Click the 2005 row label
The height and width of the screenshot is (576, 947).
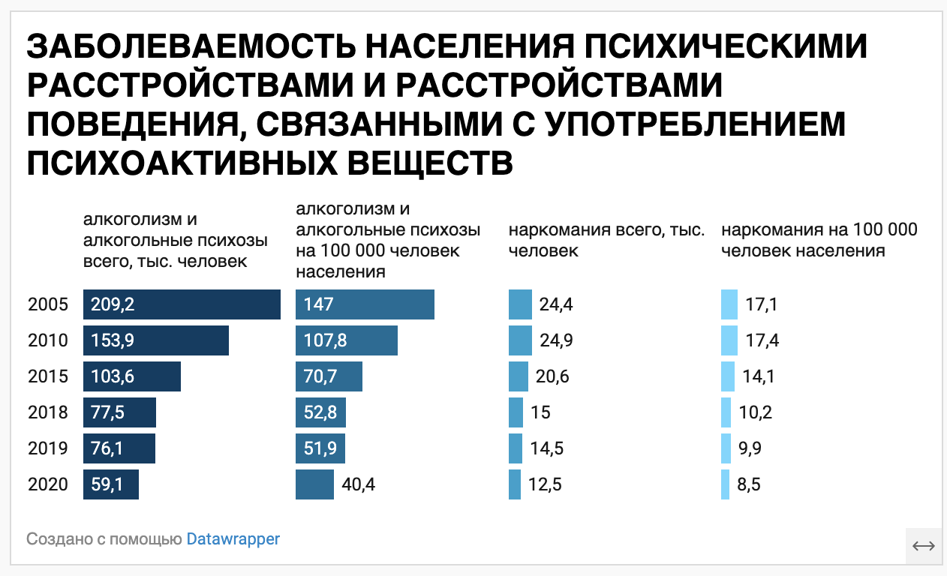click(48, 304)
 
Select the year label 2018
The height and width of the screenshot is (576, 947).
click(48, 412)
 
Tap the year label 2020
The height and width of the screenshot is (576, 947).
click(48, 484)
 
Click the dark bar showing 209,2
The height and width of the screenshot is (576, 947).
click(182, 304)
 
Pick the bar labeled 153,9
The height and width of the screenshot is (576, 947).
click(155, 340)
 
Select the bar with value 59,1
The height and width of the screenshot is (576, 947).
click(111, 484)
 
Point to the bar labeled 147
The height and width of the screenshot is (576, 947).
click(365, 304)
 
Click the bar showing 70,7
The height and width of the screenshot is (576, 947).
click(329, 376)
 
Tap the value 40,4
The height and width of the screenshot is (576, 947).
click(358, 484)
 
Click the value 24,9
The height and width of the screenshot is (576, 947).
click(556, 340)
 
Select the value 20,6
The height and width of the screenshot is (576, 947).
click(552, 376)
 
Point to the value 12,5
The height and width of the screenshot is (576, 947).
click(546, 484)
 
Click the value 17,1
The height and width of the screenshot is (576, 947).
click(762, 304)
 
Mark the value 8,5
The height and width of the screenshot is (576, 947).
click(749, 484)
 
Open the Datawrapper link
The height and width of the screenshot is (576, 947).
click(233, 538)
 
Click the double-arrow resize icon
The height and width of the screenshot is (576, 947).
click(924, 546)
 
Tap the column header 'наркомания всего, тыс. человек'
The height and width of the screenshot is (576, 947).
click(607, 240)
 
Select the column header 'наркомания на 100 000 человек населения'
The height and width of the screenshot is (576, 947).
click(819, 240)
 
